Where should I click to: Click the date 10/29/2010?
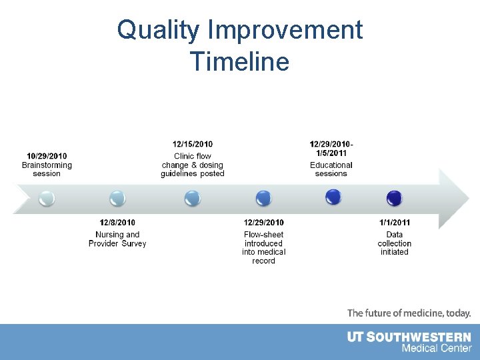pos(47,156)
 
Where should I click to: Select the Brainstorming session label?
pos(47,169)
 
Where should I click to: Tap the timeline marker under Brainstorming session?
pos(47,198)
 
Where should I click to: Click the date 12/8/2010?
pos(117,222)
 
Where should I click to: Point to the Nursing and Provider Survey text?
pos(117,239)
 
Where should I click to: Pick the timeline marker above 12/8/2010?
pos(117,198)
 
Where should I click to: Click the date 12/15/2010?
pos(193,144)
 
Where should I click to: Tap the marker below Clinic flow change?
pos(193,198)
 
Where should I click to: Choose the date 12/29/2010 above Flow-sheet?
pos(263,222)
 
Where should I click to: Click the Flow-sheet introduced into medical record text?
pos(263,247)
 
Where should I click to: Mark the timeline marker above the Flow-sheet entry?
pos(263,198)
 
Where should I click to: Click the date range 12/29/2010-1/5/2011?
pos(331,148)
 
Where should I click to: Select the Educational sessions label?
pos(331,169)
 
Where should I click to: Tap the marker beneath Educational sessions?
pos(333,197)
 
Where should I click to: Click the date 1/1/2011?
pos(395,222)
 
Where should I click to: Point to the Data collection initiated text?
pos(395,243)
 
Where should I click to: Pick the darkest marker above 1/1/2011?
pos(395,198)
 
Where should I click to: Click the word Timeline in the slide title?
pos(239,62)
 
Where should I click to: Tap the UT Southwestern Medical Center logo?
pos(409,342)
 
